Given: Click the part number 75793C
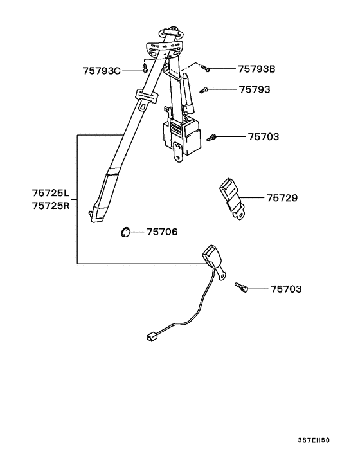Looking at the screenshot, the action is click(102, 71).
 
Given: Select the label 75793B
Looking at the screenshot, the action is click(256, 69).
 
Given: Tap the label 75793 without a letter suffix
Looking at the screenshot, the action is click(255, 89).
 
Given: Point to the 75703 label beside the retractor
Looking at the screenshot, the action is click(264, 137).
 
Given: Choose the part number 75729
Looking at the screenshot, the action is click(282, 198).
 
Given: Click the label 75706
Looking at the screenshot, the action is click(162, 232).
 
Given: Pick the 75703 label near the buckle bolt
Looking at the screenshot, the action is click(286, 289).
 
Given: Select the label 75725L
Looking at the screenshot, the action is click(51, 193).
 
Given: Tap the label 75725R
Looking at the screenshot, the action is click(51, 206).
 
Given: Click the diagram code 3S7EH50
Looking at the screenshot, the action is click(314, 440).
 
